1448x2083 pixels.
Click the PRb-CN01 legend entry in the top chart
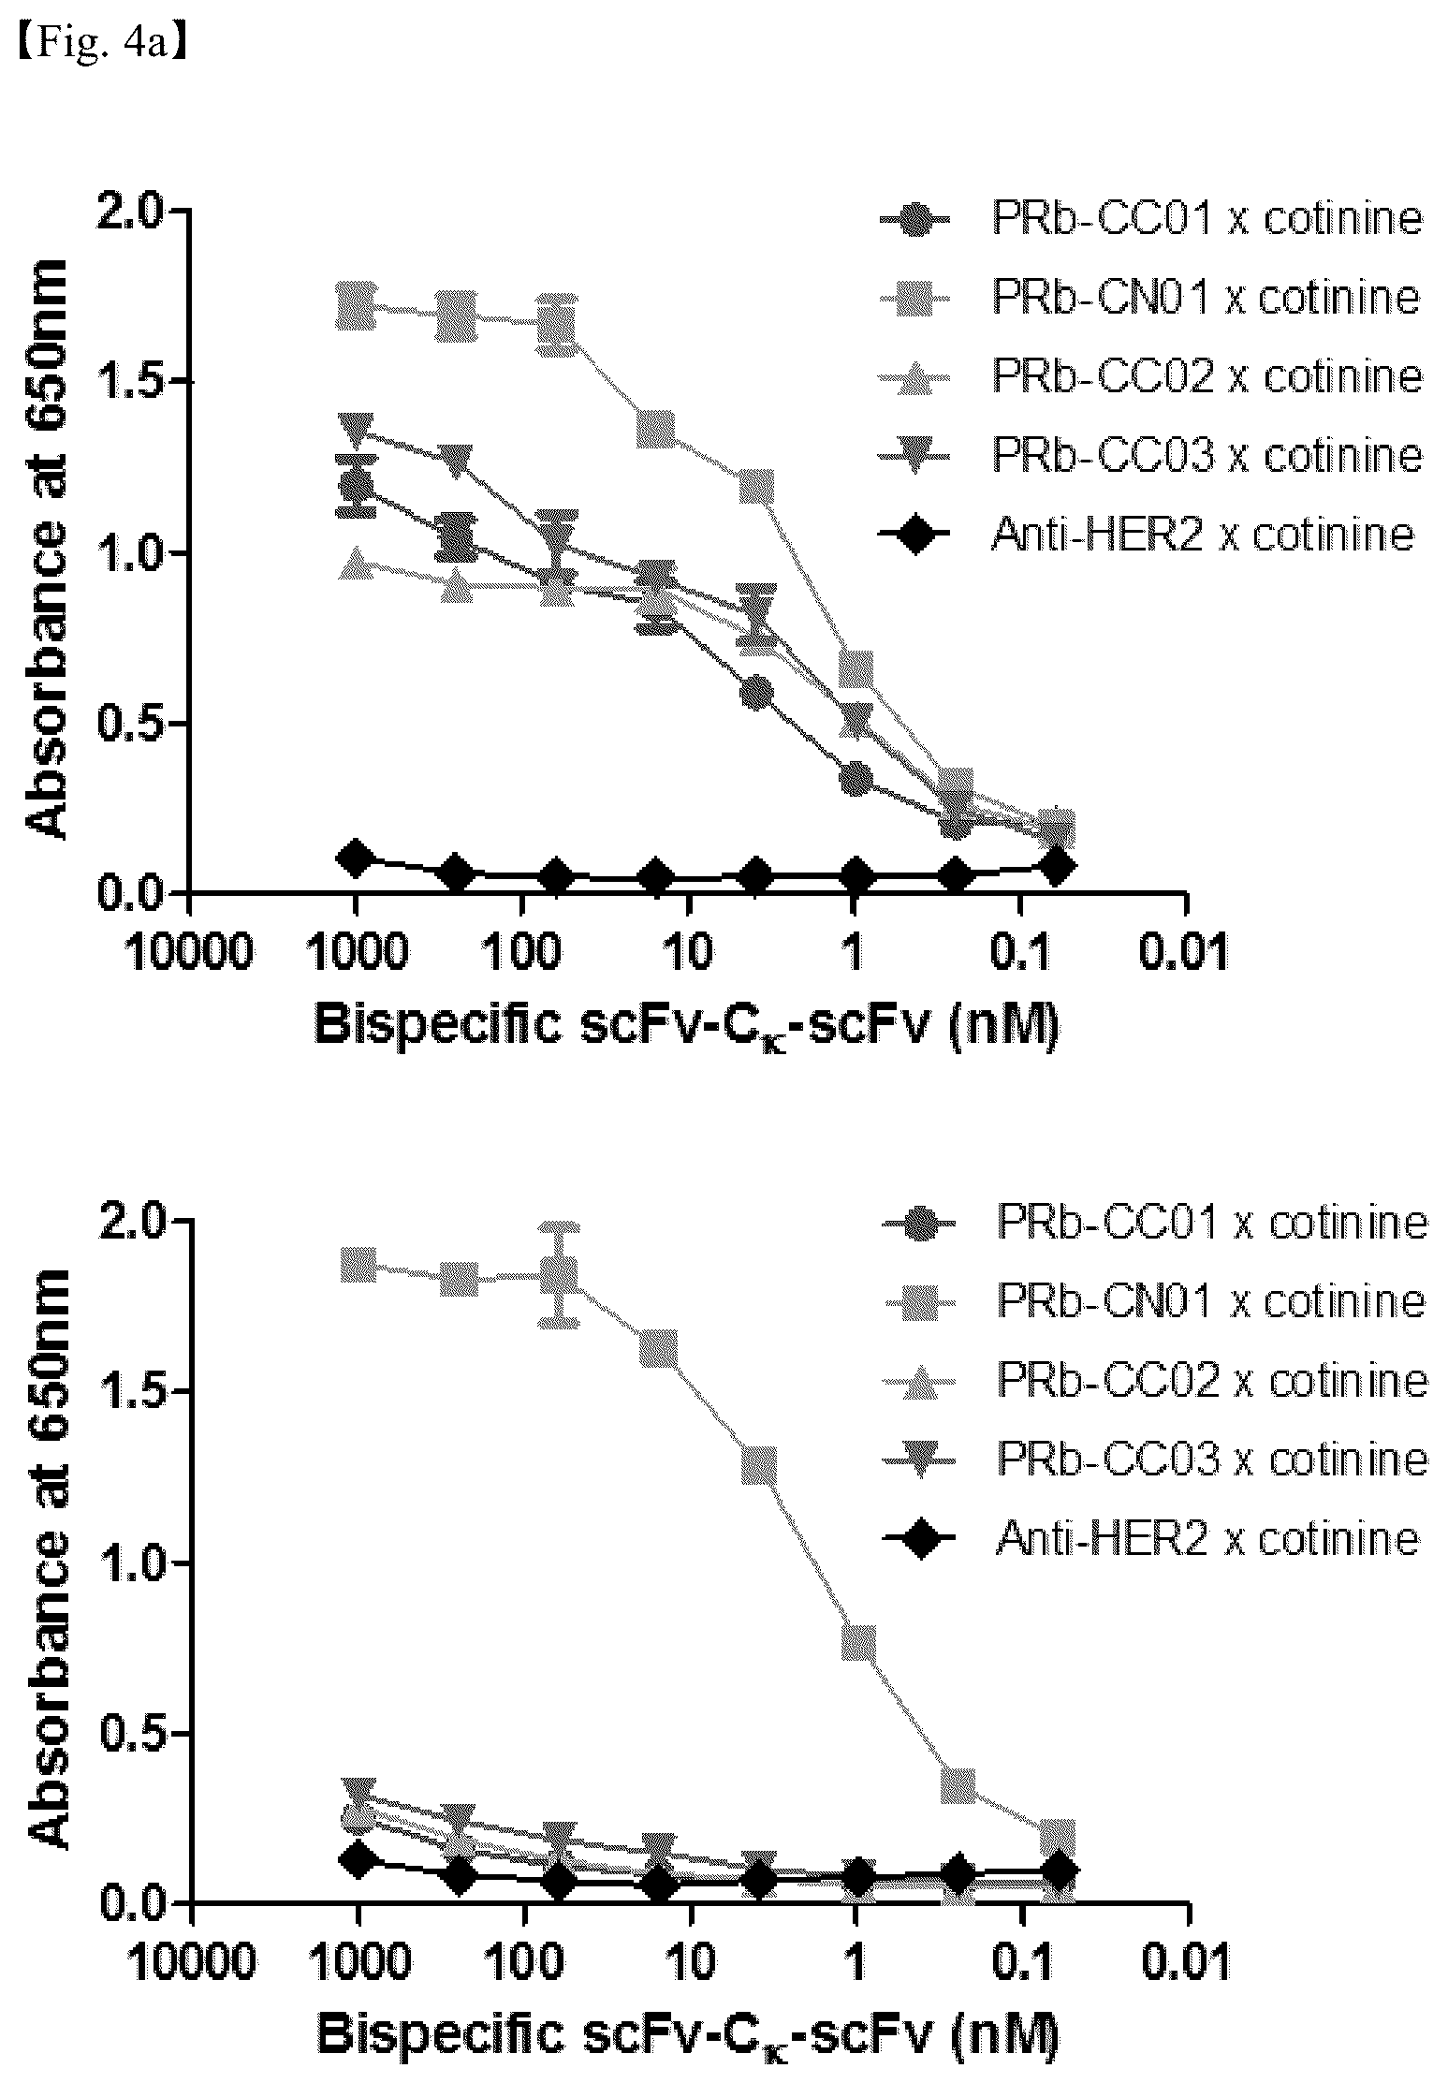pyautogui.click(x=1150, y=298)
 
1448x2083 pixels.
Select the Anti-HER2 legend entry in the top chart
pyautogui.click(x=1147, y=535)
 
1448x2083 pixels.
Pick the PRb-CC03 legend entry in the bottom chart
pyautogui.click(x=1154, y=1459)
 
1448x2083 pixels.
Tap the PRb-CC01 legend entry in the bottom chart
pyautogui.click(x=1154, y=1222)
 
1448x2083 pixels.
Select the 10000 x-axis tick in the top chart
pyautogui.click(x=188, y=954)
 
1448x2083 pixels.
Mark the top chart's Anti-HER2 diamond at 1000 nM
pyautogui.click(x=355, y=858)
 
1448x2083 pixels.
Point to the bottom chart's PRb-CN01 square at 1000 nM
pyautogui.click(x=358, y=1264)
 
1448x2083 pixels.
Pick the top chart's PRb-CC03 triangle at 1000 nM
pyautogui.click(x=356, y=429)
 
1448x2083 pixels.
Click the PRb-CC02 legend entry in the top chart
pyautogui.click(x=1150, y=376)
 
